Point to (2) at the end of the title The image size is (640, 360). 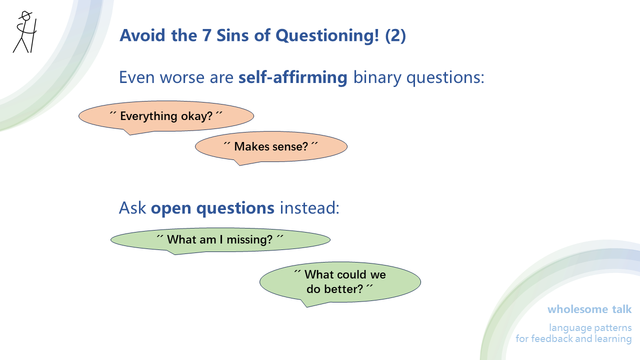tap(395, 35)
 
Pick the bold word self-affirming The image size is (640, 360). tap(293, 78)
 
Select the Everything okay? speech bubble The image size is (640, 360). tap(166, 116)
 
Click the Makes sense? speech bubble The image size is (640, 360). tap(271, 146)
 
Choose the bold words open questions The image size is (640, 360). tap(212, 208)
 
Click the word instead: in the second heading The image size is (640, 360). tap(309, 208)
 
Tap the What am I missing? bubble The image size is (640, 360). tap(220, 240)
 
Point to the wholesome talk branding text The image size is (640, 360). tap(589, 309)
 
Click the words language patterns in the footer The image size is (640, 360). tap(590, 328)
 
